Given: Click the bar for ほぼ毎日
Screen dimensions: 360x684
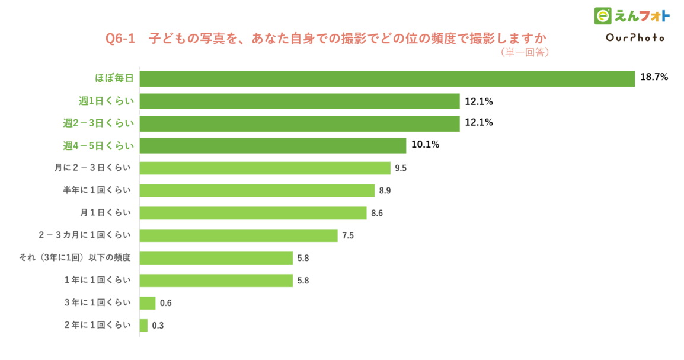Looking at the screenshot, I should tap(387, 78).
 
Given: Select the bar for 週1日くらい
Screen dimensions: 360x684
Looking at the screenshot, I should tap(299, 101).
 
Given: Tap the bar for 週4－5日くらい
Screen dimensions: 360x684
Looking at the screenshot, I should tap(273, 145).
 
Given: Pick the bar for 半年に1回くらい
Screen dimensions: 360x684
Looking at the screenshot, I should tap(257, 190).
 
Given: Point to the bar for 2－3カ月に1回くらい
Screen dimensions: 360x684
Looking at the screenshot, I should tap(238, 235).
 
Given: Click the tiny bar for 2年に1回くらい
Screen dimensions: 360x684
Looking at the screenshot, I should tap(143, 325).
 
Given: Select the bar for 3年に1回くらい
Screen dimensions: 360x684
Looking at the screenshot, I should tap(148, 303).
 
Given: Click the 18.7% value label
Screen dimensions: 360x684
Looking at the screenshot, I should tap(654, 77).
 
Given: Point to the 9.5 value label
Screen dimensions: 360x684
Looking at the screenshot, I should tap(401, 168).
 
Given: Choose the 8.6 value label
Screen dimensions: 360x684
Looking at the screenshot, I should tap(377, 213).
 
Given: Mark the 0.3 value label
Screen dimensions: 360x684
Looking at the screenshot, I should tap(158, 326).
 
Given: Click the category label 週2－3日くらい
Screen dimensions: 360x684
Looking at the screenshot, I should tap(98, 123).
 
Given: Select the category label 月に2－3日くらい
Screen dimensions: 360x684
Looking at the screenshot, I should tap(92, 168).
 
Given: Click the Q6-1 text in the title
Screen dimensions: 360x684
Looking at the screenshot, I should tap(120, 38).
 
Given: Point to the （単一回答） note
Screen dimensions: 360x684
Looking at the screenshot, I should tap(525, 53).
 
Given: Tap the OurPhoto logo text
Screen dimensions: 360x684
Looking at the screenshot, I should tap(635, 37).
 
